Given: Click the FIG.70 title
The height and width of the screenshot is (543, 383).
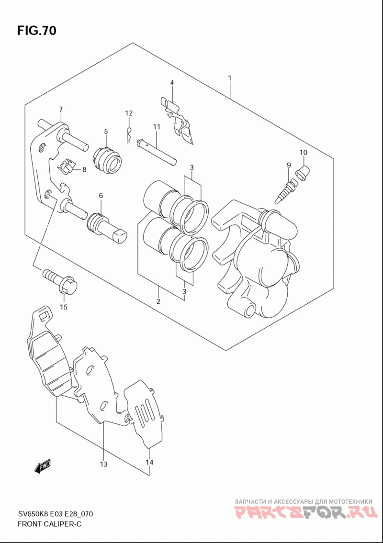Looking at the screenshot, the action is (36, 31).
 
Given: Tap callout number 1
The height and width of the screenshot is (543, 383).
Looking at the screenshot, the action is (229, 78).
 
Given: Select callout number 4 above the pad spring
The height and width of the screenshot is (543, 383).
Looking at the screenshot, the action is (172, 83).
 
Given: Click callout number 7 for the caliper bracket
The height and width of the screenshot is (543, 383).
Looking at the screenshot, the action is (61, 110).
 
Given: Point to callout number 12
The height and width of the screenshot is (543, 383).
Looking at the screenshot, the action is (129, 113).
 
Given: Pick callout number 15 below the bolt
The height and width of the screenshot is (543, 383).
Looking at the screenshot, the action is (63, 307).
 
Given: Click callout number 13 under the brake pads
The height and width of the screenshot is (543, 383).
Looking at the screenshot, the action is (103, 464).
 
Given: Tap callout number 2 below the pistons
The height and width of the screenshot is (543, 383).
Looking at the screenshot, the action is (158, 301).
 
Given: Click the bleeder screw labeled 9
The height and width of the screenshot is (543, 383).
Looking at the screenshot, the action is (285, 191).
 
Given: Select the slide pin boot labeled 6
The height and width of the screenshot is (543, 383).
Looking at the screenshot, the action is (106, 228).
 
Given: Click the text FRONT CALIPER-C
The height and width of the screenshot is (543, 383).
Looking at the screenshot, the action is (49, 524).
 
